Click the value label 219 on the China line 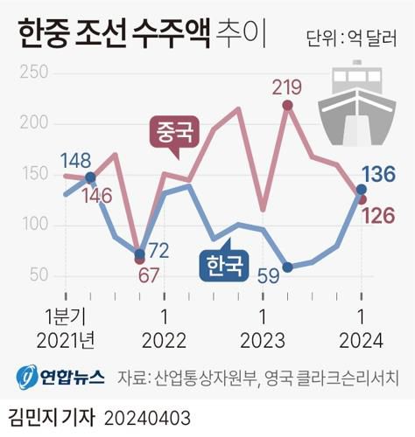(x=286, y=87)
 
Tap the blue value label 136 (x=390, y=172)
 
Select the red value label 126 (x=390, y=214)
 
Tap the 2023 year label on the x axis (x=263, y=338)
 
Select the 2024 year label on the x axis (x=361, y=338)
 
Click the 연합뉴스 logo (x=60, y=378)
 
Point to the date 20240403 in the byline (x=147, y=416)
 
